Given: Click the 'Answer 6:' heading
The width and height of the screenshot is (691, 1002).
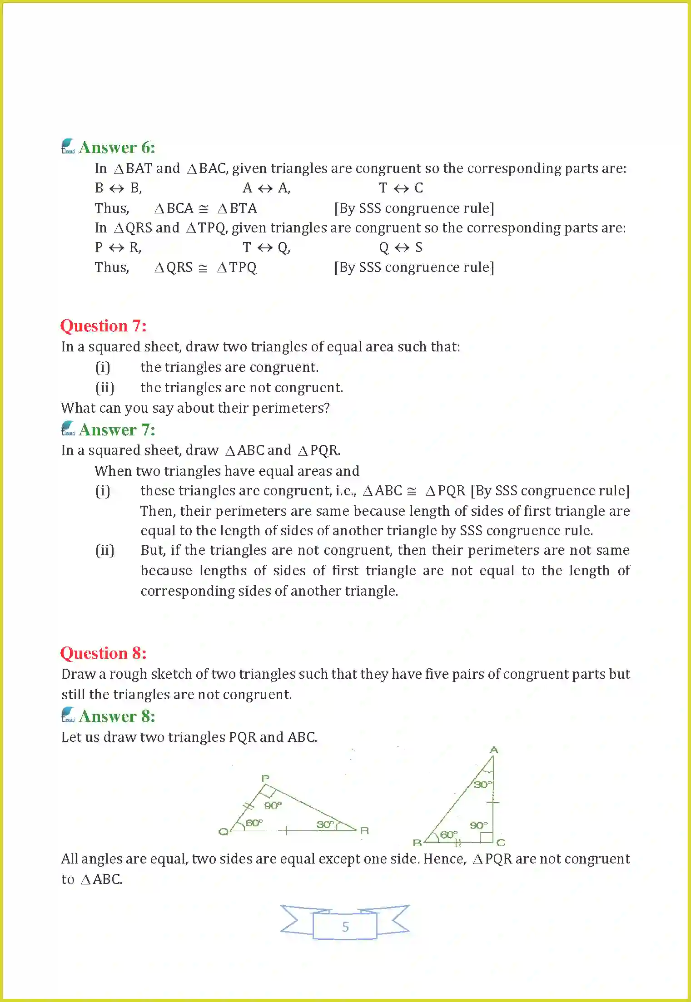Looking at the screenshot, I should pos(117,148).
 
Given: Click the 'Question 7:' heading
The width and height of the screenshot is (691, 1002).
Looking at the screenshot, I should pos(103,326).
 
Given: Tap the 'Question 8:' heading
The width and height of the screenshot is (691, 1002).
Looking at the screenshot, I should pos(103,653).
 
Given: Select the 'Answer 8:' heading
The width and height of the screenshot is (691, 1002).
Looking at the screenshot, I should pos(117,716).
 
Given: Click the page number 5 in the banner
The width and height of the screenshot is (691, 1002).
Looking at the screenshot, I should pos(345,927).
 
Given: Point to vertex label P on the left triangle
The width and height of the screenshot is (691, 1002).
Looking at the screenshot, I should pos(265,778).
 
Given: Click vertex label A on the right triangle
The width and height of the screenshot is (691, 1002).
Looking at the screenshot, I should pos(494,750).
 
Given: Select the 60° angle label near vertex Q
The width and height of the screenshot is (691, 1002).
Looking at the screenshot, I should pos(254,823).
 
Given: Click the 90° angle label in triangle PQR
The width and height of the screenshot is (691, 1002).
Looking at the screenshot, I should pos(273,805).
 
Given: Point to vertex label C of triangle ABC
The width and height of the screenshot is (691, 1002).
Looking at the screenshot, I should pos(501,843).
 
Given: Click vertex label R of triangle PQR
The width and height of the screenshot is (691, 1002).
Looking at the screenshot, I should pos(364,830).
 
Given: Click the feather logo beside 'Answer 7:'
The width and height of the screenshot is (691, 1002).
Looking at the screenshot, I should pos(68,428).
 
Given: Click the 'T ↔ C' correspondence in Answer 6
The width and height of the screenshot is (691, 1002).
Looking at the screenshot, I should pos(401,188).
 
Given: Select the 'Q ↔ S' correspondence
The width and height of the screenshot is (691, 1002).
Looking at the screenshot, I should pos(401,247).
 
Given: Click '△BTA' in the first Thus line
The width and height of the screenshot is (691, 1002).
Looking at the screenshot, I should pos(237,208).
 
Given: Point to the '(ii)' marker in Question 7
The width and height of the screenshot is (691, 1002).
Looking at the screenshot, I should pos(104,388).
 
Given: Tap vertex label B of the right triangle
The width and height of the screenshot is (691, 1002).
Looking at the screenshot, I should pos(417,843).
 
